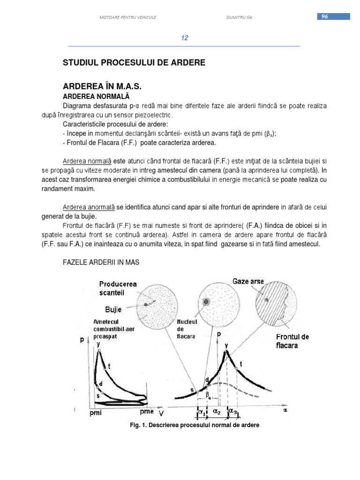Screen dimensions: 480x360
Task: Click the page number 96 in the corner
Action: click(x=324, y=17)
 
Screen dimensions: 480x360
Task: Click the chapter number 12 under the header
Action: click(x=185, y=38)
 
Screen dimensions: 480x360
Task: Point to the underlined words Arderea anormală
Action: click(x=89, y=207)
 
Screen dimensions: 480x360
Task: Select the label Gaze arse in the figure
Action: click(x=248, y=282)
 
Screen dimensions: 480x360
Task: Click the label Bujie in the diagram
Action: click(x=114, y=309)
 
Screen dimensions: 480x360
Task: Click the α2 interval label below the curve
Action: click(x=217, y=411)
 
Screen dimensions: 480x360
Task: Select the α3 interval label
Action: click(x=233, y=411)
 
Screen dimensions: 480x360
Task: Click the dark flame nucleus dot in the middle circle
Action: click(x=207, y=300)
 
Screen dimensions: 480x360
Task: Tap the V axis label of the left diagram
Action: click(x=161, y=414)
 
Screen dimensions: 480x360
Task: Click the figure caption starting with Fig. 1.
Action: click(x=194, y=426)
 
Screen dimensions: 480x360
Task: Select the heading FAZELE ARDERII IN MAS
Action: click(x=101, y=262)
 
